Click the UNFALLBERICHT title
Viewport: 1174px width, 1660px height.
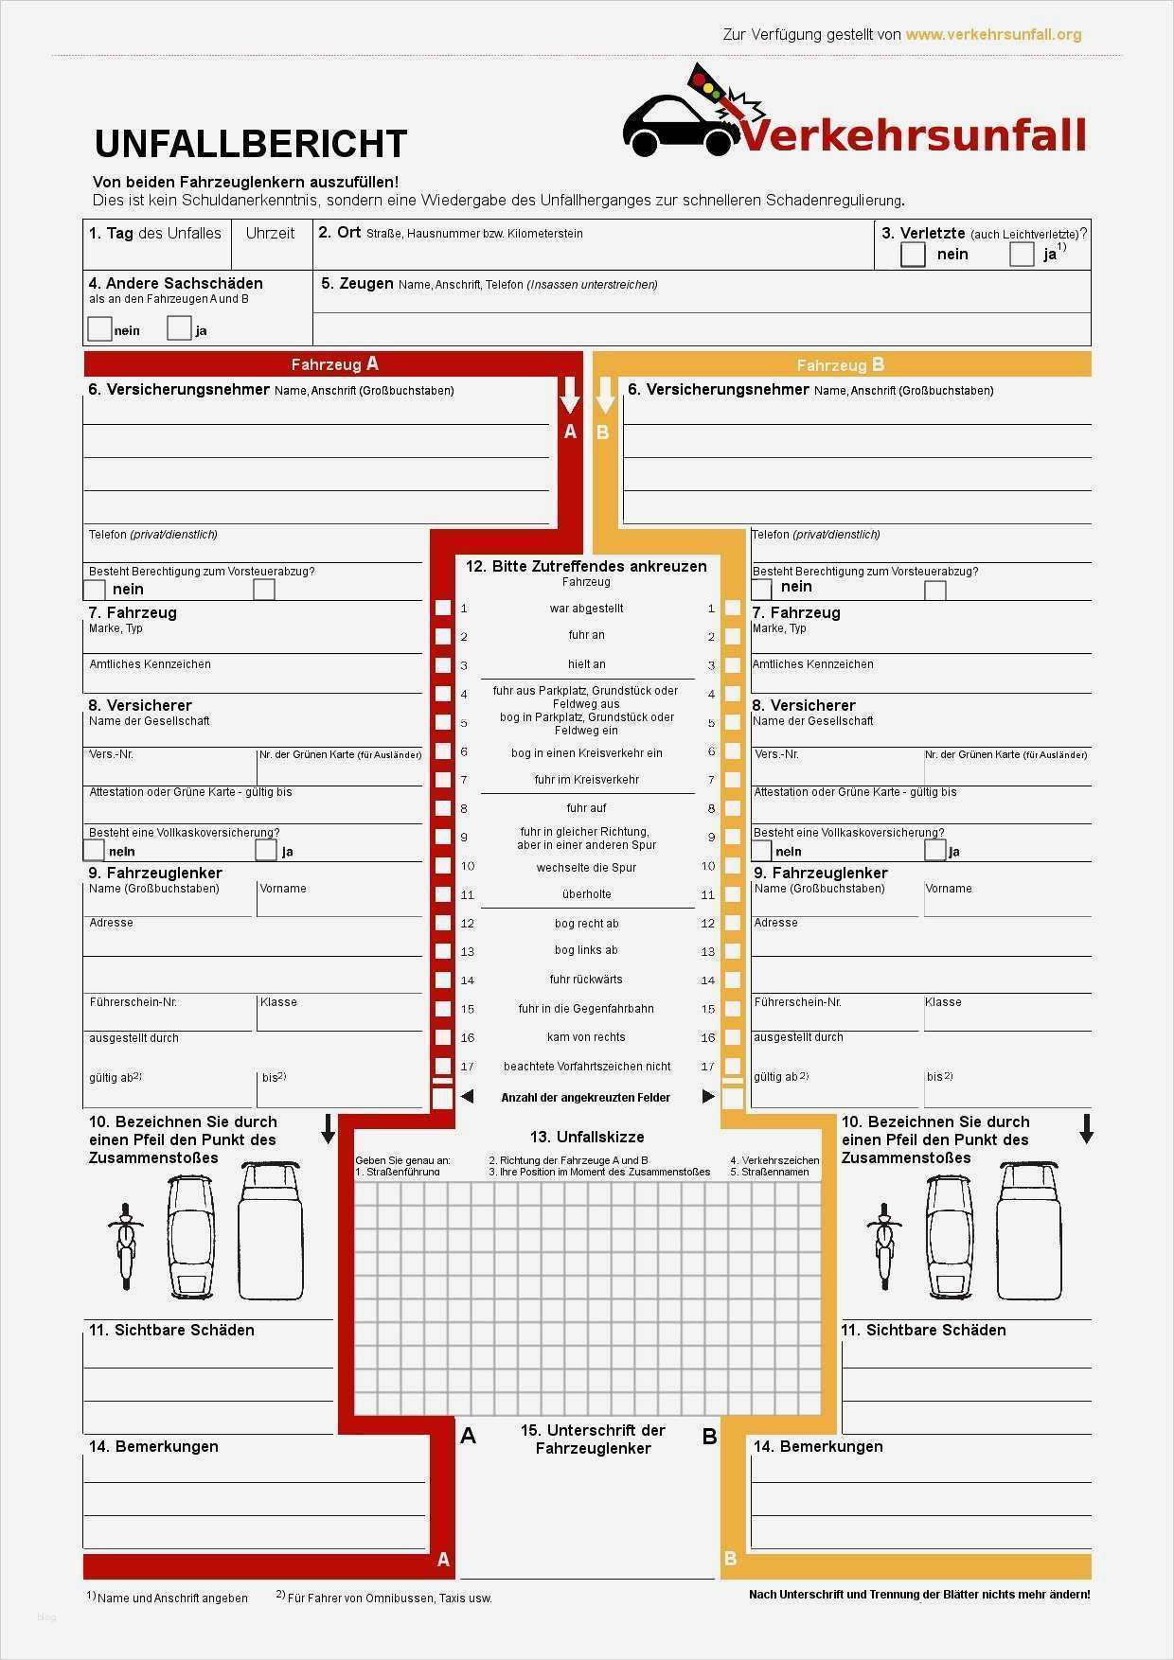[x=250, y=144]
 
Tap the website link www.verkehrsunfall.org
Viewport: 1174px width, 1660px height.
[x=992, y=35]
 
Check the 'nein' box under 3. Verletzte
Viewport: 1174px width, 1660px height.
[x=913, y=255]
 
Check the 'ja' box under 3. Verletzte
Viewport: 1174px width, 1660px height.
[x=1022, y=255]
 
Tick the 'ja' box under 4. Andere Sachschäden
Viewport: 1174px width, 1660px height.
[x=179, y=328]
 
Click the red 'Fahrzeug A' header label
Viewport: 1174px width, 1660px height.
[x=334, y=364]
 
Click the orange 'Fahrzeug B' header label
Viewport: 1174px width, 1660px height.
[x=840, y=365]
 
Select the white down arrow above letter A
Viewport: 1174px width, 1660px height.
[x=569, y=395]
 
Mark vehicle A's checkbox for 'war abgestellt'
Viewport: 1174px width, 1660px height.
[x=442, y=609]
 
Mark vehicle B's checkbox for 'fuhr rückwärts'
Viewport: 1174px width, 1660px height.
[x=732, y=980]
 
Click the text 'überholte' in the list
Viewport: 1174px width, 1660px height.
[x=586, y=894]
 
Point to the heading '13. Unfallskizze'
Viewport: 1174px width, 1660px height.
[x=586, y=1137]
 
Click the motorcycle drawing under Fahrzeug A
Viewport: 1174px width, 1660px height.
[x=125, y=1246]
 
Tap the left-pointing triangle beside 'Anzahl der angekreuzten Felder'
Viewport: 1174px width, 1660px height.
[x=467, y=1097]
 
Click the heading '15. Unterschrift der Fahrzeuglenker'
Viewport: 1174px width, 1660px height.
[x=593, y=1439]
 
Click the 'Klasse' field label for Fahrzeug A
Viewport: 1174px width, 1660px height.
[x=278, y=1002]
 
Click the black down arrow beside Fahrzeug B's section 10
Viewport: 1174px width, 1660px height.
[x=1086, y=1128]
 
